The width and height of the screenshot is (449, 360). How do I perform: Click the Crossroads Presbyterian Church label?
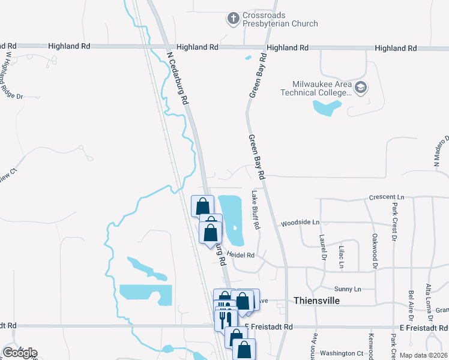click(x=280, y=19)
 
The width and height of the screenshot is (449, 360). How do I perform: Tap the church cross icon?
click(x=234, y=19)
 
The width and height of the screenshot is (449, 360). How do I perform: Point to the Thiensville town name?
click(x=317, y=300)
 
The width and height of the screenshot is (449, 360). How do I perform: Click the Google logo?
click(x=20, y=353)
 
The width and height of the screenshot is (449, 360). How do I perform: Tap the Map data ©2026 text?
click(x=423, y=355)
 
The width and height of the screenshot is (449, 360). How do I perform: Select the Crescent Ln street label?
click(x=387, y=197)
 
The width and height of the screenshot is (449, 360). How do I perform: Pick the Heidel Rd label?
click(x=241, y=255)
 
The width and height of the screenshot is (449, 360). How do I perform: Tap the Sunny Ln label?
click(x=348, y=289)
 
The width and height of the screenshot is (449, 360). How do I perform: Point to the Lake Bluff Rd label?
click(x=256, y=210)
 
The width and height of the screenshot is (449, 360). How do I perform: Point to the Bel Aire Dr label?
click(x=411, y=305)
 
